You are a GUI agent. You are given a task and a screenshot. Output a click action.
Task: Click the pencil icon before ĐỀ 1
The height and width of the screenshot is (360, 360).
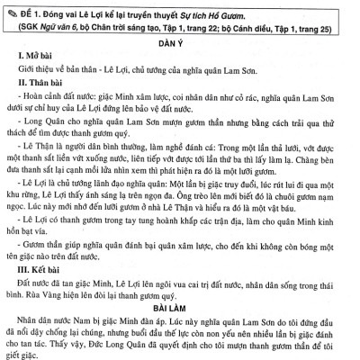[x=12, y=9]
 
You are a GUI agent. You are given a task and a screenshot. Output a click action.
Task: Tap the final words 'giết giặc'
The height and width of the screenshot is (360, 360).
[x=22, y=356]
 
